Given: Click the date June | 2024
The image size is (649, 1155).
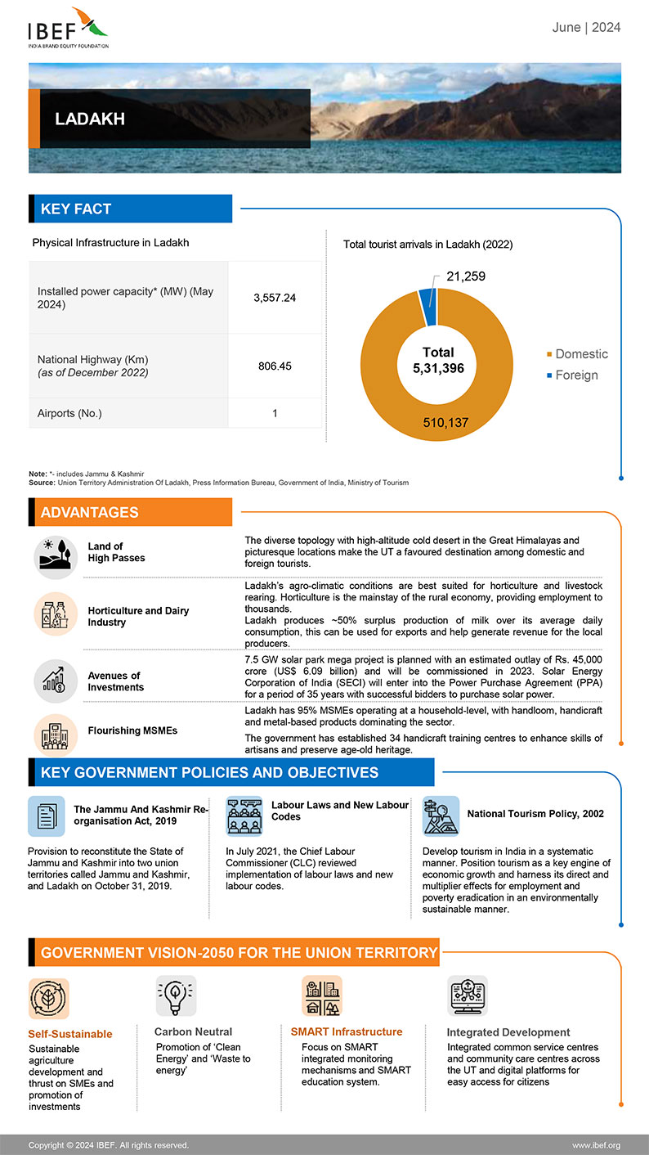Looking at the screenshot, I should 586,28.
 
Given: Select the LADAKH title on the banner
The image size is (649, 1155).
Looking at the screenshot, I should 90,119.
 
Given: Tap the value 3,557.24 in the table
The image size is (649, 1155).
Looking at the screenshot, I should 275,298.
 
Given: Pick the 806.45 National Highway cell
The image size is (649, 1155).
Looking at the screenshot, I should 275,366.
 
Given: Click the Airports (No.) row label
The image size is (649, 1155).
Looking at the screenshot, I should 69,413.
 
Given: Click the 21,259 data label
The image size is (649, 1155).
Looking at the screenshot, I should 466,276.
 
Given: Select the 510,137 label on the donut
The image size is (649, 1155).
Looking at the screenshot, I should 445,423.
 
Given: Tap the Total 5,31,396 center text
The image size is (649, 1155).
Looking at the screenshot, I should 438,361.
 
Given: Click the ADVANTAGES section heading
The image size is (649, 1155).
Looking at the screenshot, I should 90,513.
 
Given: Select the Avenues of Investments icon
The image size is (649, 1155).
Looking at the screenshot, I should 55,681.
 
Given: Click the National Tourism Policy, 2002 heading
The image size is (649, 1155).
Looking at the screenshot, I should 535,814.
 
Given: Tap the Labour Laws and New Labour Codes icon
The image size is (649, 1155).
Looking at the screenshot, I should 244,816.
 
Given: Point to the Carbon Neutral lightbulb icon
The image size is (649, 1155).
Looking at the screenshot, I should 176,995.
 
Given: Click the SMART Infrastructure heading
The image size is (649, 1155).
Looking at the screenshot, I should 347,1031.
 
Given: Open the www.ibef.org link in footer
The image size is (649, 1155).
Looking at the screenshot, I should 596,1145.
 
